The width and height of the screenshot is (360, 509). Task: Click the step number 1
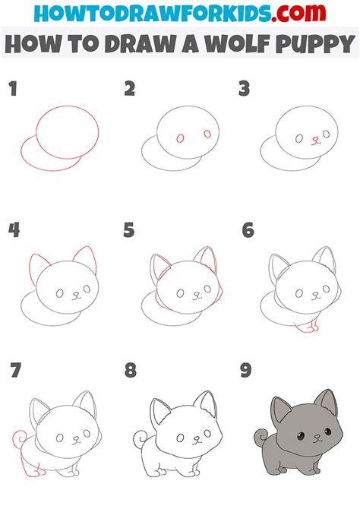pos(13,89)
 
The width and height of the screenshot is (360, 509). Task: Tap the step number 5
pos(129,230)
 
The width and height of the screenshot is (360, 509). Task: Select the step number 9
pos(246,371)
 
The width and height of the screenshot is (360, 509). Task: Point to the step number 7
pos(15,371)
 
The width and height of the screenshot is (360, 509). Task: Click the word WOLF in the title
pos(238,43)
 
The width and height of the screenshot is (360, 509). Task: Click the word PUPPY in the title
pos(315,43)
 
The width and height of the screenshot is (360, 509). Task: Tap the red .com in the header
pos(298,13)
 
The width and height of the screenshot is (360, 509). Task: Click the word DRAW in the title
pos(141,43)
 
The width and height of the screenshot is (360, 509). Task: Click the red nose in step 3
pos(315,141)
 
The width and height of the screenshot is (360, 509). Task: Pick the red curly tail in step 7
pos(18,438)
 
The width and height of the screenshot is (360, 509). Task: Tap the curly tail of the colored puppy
pos(261,437)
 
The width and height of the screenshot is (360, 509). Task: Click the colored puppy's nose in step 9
pos(317,436)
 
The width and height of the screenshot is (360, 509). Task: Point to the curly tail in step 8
pos(141,438)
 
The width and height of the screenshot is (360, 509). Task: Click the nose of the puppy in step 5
pos(197,293)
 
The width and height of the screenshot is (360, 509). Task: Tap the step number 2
pos(130,89)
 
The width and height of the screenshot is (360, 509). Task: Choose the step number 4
pos(14,230)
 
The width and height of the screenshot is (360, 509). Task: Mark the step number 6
pos(248,230)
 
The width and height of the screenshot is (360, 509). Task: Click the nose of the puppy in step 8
pos(197,438)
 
